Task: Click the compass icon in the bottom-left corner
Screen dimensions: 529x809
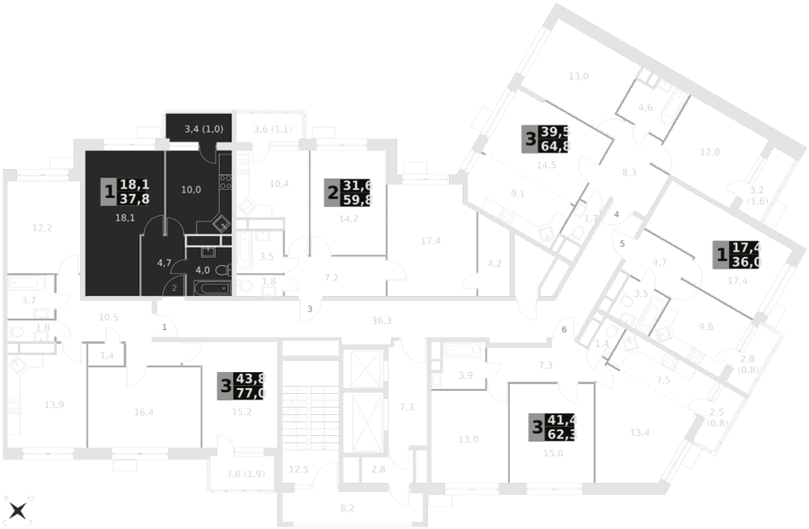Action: tap(18, 510)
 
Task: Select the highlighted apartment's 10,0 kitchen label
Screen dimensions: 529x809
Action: tap(191, 190)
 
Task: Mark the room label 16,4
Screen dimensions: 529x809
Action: tap(143, 412)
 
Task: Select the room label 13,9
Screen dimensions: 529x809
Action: tap(54, 404)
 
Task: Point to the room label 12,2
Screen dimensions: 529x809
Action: tap(42, 227)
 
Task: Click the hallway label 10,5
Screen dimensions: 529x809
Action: tap(108, 316)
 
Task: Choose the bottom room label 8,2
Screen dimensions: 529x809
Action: tap(346, 509)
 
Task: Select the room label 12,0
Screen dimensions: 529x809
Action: tap(709, 152)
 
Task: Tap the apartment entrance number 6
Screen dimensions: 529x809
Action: tap(565, 330)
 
